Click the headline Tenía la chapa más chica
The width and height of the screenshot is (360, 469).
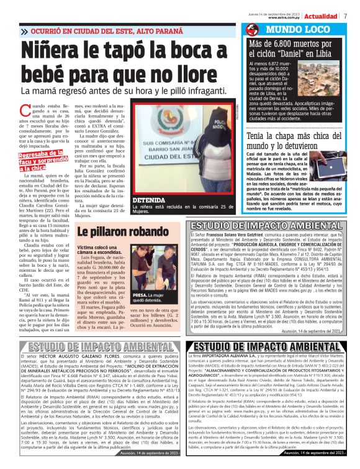click(x=291, y=138)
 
